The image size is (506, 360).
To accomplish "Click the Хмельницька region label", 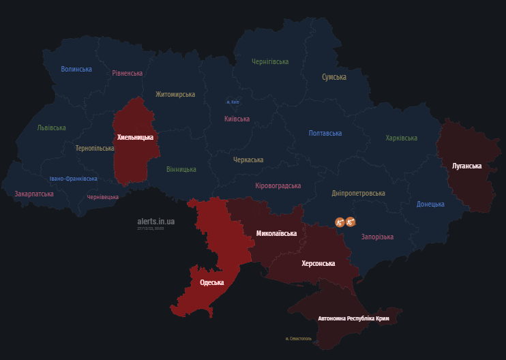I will pos(135,137).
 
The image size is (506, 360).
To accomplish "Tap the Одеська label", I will pos(211,282).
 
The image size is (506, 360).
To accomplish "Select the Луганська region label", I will pos(466,166).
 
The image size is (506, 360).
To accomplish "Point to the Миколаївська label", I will pos(276,233).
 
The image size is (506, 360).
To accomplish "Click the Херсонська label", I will pos(318,262).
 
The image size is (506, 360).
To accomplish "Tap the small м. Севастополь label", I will pos(299,338).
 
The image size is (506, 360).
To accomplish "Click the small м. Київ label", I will pos(233,102).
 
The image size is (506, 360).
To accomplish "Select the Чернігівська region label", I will pos(270,61).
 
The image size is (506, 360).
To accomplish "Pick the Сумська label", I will pos(334,77).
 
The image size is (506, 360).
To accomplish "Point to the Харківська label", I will pos(401,138).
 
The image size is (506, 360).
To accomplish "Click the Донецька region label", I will pos(430,204).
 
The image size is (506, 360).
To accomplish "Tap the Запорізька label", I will pos(377,237).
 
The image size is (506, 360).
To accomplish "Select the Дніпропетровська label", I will pos(358,193).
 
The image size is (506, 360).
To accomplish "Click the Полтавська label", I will pos(325,133).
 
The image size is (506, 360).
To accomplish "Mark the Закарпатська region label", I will pos(34,194).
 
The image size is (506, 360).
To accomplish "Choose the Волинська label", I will pos(76,69).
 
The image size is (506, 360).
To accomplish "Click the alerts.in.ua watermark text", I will pos(155,221).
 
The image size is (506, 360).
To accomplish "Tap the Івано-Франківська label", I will pos(73,179).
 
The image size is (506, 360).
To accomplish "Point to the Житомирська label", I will pos(175,94).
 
